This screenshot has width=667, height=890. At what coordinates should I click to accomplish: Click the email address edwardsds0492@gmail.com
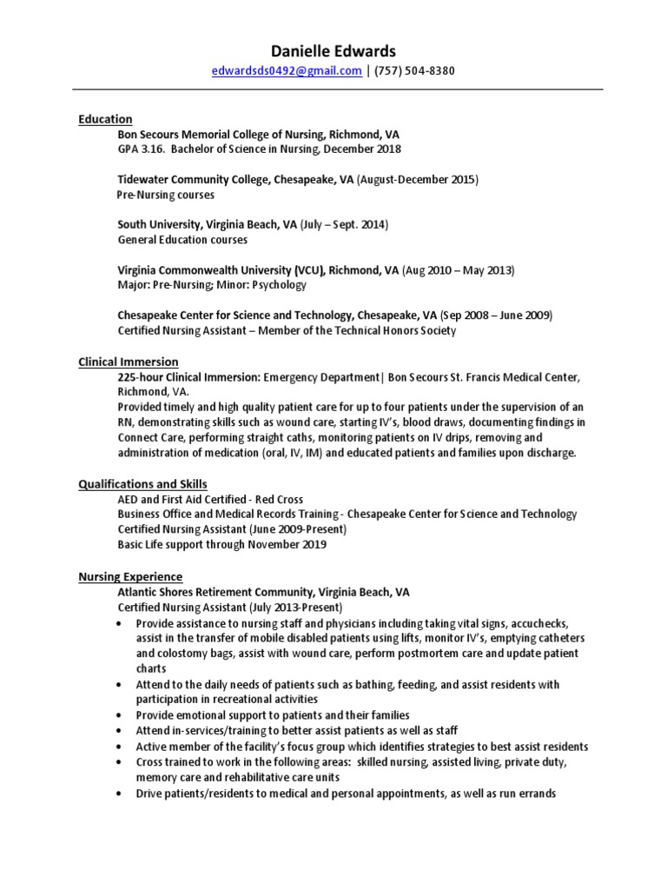point(287,71)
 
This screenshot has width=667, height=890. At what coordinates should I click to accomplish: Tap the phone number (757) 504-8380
point(414,71)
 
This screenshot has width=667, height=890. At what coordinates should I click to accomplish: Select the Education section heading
point(105,119)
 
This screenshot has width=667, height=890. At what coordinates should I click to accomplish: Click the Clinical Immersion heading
point(129,362)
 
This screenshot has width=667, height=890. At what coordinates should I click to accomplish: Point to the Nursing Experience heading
point(130,576)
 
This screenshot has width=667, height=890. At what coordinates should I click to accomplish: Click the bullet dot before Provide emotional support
point(118,715)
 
